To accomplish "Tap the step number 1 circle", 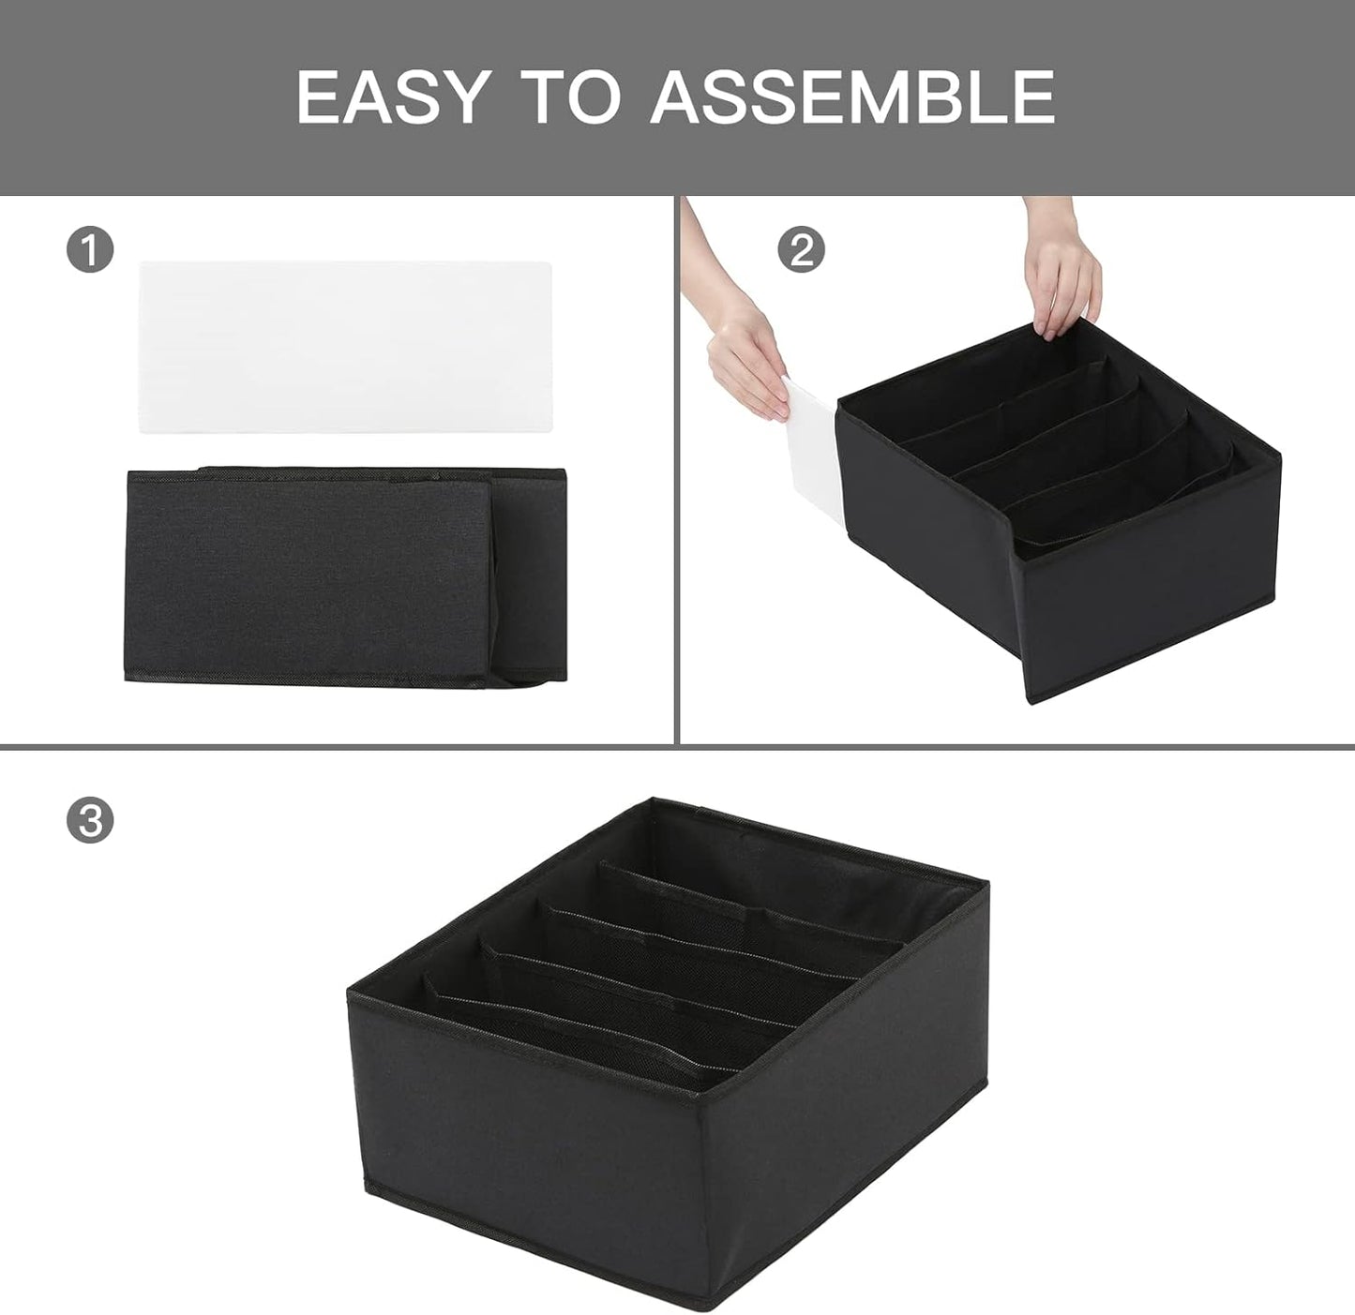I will click(90, 252).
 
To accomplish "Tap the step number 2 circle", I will click(802, 250).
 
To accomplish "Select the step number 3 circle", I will click(90, 821).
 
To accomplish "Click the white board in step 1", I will click(344, 347).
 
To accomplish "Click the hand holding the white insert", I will click(745, 370).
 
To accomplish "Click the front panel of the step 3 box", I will click(525, 1125).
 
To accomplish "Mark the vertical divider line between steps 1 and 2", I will click(677, 469).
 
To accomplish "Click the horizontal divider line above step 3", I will click(677, 747).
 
